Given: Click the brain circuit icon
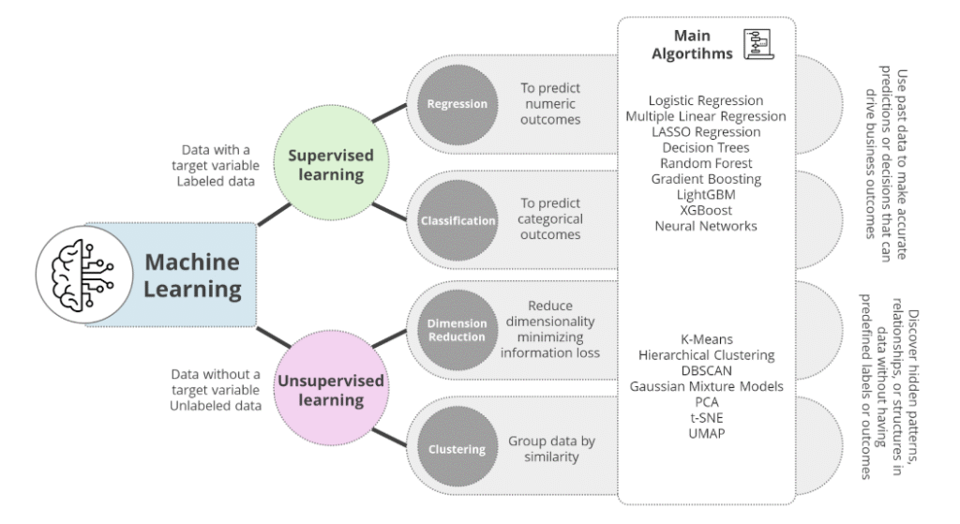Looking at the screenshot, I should click(82, 275).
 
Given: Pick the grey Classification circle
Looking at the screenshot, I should click(458, 221).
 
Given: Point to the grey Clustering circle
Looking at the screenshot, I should click(458, 449).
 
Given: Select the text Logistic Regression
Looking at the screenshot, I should click(706, 100).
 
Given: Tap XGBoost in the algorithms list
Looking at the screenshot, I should click(706, 210).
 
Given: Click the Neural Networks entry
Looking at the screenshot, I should click(706, 226).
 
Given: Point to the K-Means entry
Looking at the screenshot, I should click(706, 338).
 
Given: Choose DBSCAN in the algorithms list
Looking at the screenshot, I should click(706, 370).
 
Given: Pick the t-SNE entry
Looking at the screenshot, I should click(706, 418).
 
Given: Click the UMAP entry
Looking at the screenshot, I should click(706, 434).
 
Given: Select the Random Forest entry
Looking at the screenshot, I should click(706, 163).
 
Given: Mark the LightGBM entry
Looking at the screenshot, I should click(706, 194).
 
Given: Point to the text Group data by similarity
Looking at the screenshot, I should click(552, 449).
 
